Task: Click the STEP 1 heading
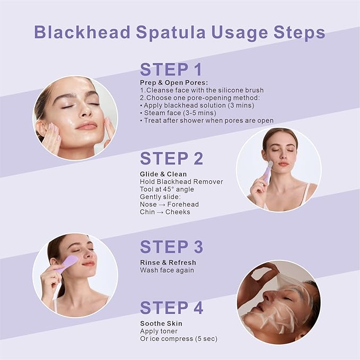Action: click(171, 70)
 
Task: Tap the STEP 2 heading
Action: click(171, 159)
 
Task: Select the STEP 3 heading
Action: click(171, 247)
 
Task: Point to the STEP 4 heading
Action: click(171, 308)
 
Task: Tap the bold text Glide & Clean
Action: click(163, 173)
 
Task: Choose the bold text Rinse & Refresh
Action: click(168, 262)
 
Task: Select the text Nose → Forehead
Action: click(170, 204)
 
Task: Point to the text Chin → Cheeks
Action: click(165, 212)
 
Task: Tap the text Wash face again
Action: click(167, 270)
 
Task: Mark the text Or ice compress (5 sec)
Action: click(179, 339)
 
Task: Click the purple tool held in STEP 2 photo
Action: click(266, 172)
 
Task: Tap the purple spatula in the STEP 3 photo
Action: click(67, 264)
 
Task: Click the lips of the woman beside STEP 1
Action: click(86, 126)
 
